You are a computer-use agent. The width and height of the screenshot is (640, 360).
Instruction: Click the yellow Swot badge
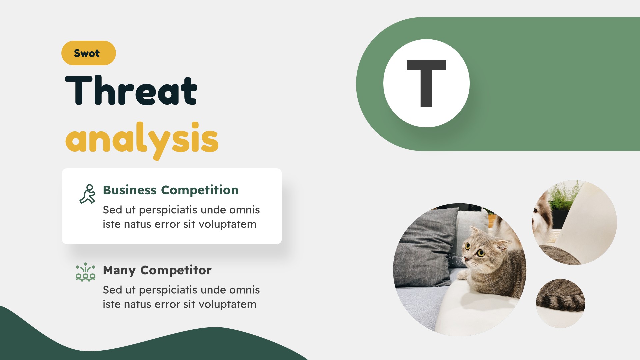click(88, 53)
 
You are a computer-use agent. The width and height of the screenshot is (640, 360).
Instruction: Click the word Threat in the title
click(131, 90)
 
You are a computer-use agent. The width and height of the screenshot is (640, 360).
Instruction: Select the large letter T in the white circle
click(426, 83)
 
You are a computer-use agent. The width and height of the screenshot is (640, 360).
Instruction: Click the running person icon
click(87, 194)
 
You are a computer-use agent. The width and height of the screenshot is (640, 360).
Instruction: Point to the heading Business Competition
click(170, 190)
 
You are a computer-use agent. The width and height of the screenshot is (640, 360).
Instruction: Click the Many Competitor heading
click(157, 270)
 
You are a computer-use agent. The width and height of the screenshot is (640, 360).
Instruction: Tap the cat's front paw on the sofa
click(463, 275)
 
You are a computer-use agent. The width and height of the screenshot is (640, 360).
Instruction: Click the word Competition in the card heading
click(200, 190)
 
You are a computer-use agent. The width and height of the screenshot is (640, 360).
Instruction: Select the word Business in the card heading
click(130, 190)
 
